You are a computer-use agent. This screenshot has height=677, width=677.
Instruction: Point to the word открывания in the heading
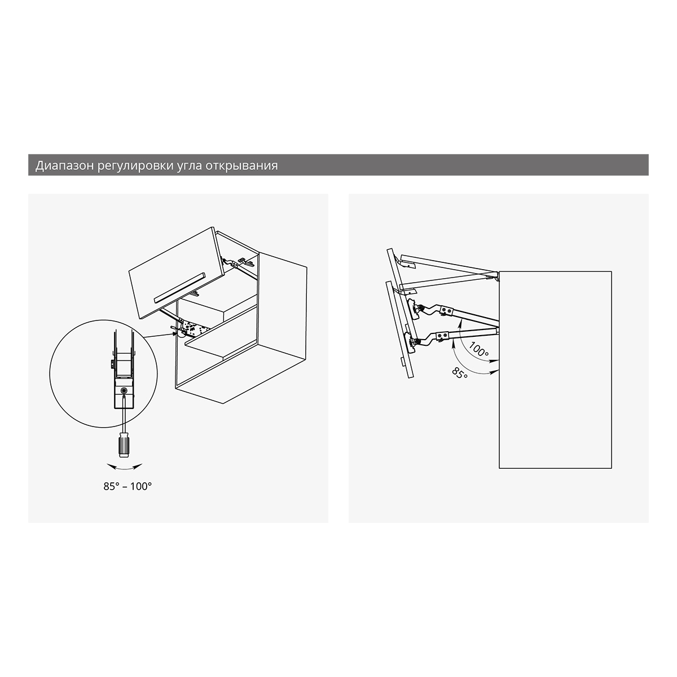click(x=241, y=166)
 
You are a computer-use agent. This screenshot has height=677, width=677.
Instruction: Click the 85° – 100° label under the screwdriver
click(x=128, y=486)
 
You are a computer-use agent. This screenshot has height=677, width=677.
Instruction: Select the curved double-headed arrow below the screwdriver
click(x=124, y=467)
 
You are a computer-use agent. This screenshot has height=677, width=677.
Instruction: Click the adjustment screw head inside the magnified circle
click(x=124, y=390)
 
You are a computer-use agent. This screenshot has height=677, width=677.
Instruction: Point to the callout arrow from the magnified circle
click(x=160, y=335)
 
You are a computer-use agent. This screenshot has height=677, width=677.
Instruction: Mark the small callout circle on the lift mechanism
click(x=181, y=332)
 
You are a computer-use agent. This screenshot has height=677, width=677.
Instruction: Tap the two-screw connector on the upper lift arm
click(x=446, y=310)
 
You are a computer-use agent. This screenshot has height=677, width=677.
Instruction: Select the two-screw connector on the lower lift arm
click(x=442, y=336)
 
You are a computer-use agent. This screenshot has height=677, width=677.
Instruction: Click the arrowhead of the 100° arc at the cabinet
click(x=495, y=361)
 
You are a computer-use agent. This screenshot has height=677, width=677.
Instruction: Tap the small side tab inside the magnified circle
click(x=112, y=364)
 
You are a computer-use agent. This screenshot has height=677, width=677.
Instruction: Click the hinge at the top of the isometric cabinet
click(x=244, y=261)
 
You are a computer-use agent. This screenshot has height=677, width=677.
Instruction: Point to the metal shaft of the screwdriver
click(x=124, y=415)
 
